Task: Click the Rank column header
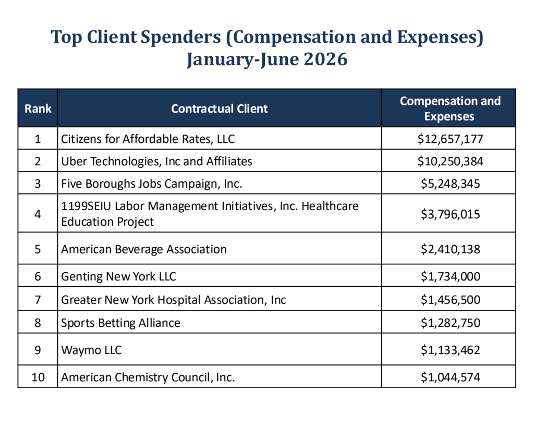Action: pyautogui.click(x=38, y=108)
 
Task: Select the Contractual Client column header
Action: pyautogui.click(x=220, y=108)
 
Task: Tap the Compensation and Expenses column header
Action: pyautogui.click(x=450, y=108)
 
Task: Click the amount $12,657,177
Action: pyautogui.click(x=450, y=139)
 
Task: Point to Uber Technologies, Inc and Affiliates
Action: pyautogui.click(x=156, y=161)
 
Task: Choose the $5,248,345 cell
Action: pyautogui.click(x=450, y=184)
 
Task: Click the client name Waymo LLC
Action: pyautogui.click(x=91, y=350)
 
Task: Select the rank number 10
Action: pyautogui.click(x=38, y=377)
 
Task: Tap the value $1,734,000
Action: pyautogui.click(x=450, y=276)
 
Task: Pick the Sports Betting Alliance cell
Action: pyautogui.click(x=120, y=323)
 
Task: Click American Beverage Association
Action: pyautogui.click(x=144, y=249)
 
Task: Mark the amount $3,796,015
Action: pyautogui.click(x=450, y=214)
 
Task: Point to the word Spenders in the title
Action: pyautogui.click(x=181, y=37)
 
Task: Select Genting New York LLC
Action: pyautogui.click(x=118, y=276)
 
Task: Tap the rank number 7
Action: pyautogui.click(x=38, y=300)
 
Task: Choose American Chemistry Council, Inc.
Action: pyautogui.click(x=148, y=377)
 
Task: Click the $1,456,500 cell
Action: pyautogui.click(x=450, y=300)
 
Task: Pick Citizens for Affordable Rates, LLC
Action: pyautogui.click(x=148, y=139)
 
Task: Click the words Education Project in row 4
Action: pyautogui.click(x=107, y=222)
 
